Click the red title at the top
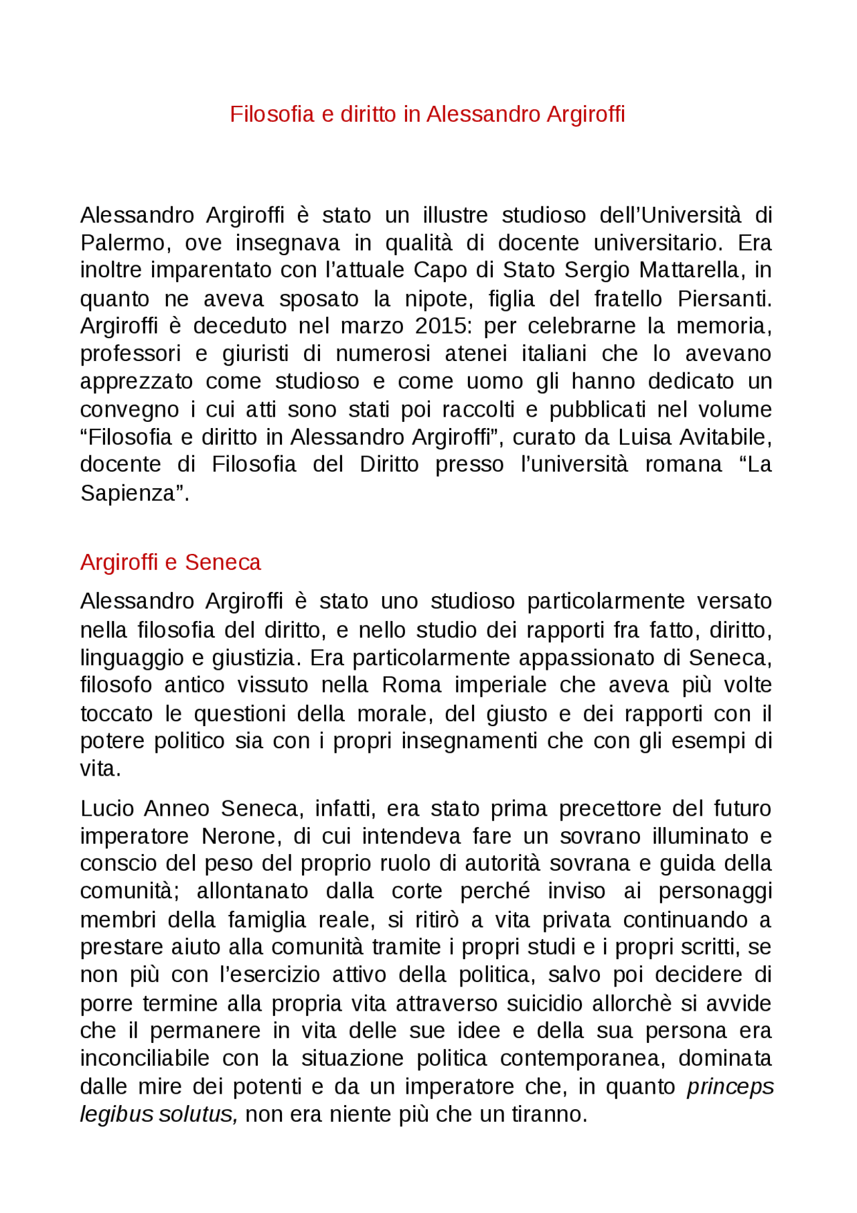(x=427, y=115)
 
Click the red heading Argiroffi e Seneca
(x=170, y=562)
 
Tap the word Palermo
(x=121, y=242)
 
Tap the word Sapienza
(x=131, y=493)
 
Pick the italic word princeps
(x=729, y=1086)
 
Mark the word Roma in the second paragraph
(x=412, y=685)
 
